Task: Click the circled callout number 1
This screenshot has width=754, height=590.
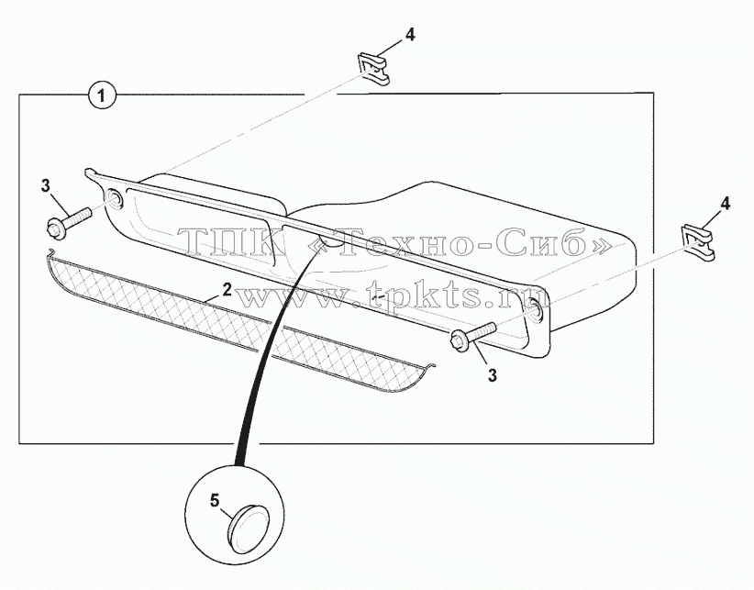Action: pyautogui.click(x=102, y=95)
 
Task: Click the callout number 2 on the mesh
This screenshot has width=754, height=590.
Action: pyautogui.click(x=227, y=289)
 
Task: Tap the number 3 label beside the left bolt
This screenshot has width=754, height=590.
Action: pyautogui.click(x=46, y=185)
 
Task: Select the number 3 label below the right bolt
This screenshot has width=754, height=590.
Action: pyautogui.click(x=493, y=375)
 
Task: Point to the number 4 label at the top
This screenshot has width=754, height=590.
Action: pyautogui.click(x=409, y=35)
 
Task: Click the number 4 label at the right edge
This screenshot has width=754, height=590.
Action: pyautogui.click(x=725, y=204)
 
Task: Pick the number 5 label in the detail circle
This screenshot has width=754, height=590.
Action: pyautogui.click(x=215, y=501)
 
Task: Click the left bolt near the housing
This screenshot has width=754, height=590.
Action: pyautogui.click(x=69, y=221)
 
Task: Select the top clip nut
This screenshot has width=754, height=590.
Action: pyautogui.click(x=373, y=69)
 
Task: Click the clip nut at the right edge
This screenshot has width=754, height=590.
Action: pyautogui.click(x=698, y=239)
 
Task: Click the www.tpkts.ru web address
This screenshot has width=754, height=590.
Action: pyautogui.click(x=394, y=295)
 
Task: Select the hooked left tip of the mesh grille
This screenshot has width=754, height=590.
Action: pyautogui.click(x=52, y=252)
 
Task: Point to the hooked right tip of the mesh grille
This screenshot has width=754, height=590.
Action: pyautogui.click(x=431, y=366)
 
